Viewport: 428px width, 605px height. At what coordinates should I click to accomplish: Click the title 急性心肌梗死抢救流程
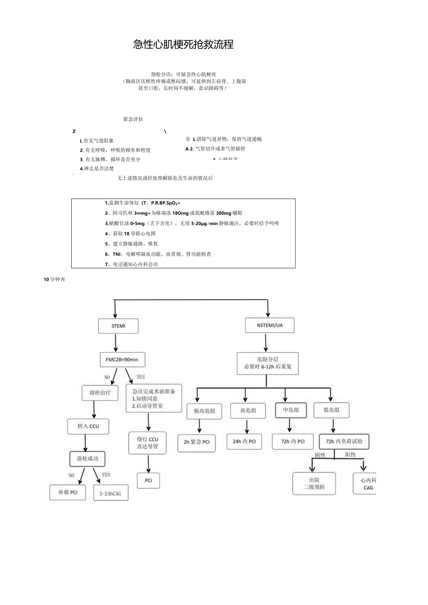click(183, 45)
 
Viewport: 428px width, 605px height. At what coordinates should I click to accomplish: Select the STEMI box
click(118, 326)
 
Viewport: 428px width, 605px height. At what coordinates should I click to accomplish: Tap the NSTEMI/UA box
click(269, 326)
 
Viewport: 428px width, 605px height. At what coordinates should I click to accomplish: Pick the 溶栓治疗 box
click(100, 393)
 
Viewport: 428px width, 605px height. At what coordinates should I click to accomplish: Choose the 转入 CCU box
click(88, 426)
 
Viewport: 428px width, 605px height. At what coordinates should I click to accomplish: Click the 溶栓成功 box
click(87, 459)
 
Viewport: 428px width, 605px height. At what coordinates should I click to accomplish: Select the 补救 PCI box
click(68, 492)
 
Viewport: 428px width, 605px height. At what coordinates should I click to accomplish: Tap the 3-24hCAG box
click(110, 493)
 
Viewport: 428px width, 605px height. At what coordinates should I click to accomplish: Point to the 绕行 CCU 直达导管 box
click(147, 443)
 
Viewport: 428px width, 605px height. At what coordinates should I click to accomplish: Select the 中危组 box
click(291, 410)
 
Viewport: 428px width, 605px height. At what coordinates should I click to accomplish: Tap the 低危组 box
click(331, 410)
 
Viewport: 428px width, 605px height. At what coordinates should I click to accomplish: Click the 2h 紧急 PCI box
click(196, 442)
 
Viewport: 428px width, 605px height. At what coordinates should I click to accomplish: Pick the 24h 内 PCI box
click(244, 441)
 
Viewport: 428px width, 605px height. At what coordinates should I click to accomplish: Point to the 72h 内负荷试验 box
click(344, 441)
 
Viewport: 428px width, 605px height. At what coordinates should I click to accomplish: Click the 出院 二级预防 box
click(314, 484)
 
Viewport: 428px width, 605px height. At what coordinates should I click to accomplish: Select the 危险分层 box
click(267, 363)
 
